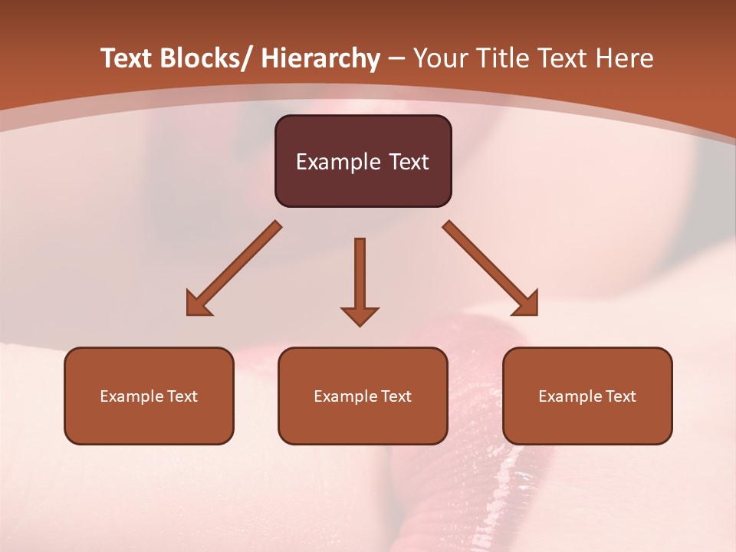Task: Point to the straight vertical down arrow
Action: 360,276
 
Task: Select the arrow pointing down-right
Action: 491,268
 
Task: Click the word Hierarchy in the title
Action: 320,58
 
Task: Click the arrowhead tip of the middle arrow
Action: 360,324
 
